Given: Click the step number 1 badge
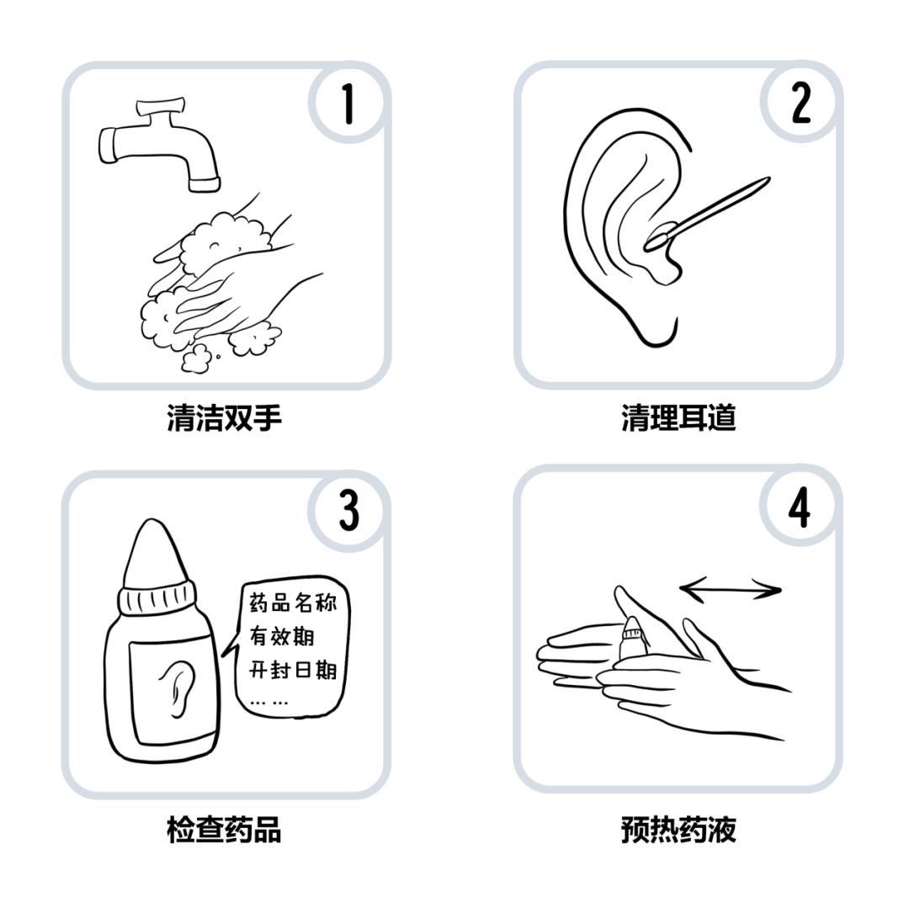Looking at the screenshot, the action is pos(348,103).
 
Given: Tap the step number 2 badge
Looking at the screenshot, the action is pos(800,103).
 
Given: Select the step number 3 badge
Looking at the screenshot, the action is pos(349,511).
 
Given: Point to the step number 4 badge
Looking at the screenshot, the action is pos(800,507).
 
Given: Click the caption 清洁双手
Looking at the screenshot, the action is pos(225,417).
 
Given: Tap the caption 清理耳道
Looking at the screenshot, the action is pos(678,417).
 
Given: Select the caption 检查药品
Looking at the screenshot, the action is pos(225,829).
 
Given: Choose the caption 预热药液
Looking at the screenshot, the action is pos(678,829).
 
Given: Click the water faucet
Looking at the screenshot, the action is pos(159,145).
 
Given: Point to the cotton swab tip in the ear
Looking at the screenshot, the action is pos(660,238).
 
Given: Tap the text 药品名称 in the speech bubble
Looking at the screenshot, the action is pos(293,602).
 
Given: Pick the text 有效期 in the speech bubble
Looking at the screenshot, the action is pos(282,635).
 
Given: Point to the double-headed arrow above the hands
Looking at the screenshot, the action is pos(731,590).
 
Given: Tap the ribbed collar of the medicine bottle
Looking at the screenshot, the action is pos(157,599).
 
